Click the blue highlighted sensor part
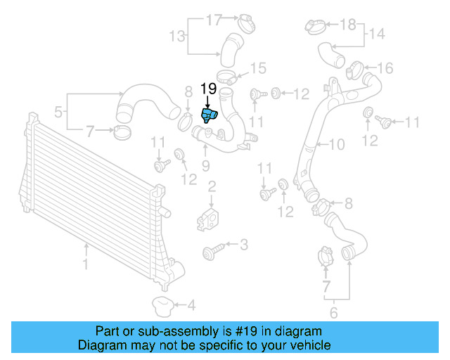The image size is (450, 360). point(210,115)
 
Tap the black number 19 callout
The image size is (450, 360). point(208,89)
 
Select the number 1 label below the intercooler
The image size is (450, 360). point(86,265)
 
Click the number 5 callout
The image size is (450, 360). point(59,110)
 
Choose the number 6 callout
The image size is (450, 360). point(334,314)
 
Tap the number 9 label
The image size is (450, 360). point(206,166)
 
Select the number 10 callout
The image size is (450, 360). point(337,146)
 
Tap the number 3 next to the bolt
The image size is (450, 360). point(244,245)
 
